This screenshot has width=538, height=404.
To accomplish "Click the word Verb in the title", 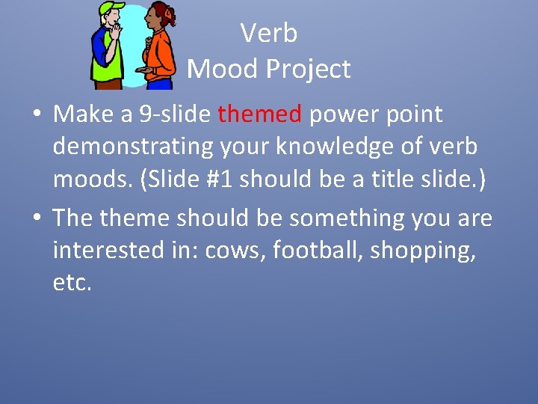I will tap(269, 33).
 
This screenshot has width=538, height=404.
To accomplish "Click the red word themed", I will tap(259, 114).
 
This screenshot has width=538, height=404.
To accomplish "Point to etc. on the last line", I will tap(72, 283).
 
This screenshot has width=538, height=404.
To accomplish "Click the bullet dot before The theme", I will tap(36, 219).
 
